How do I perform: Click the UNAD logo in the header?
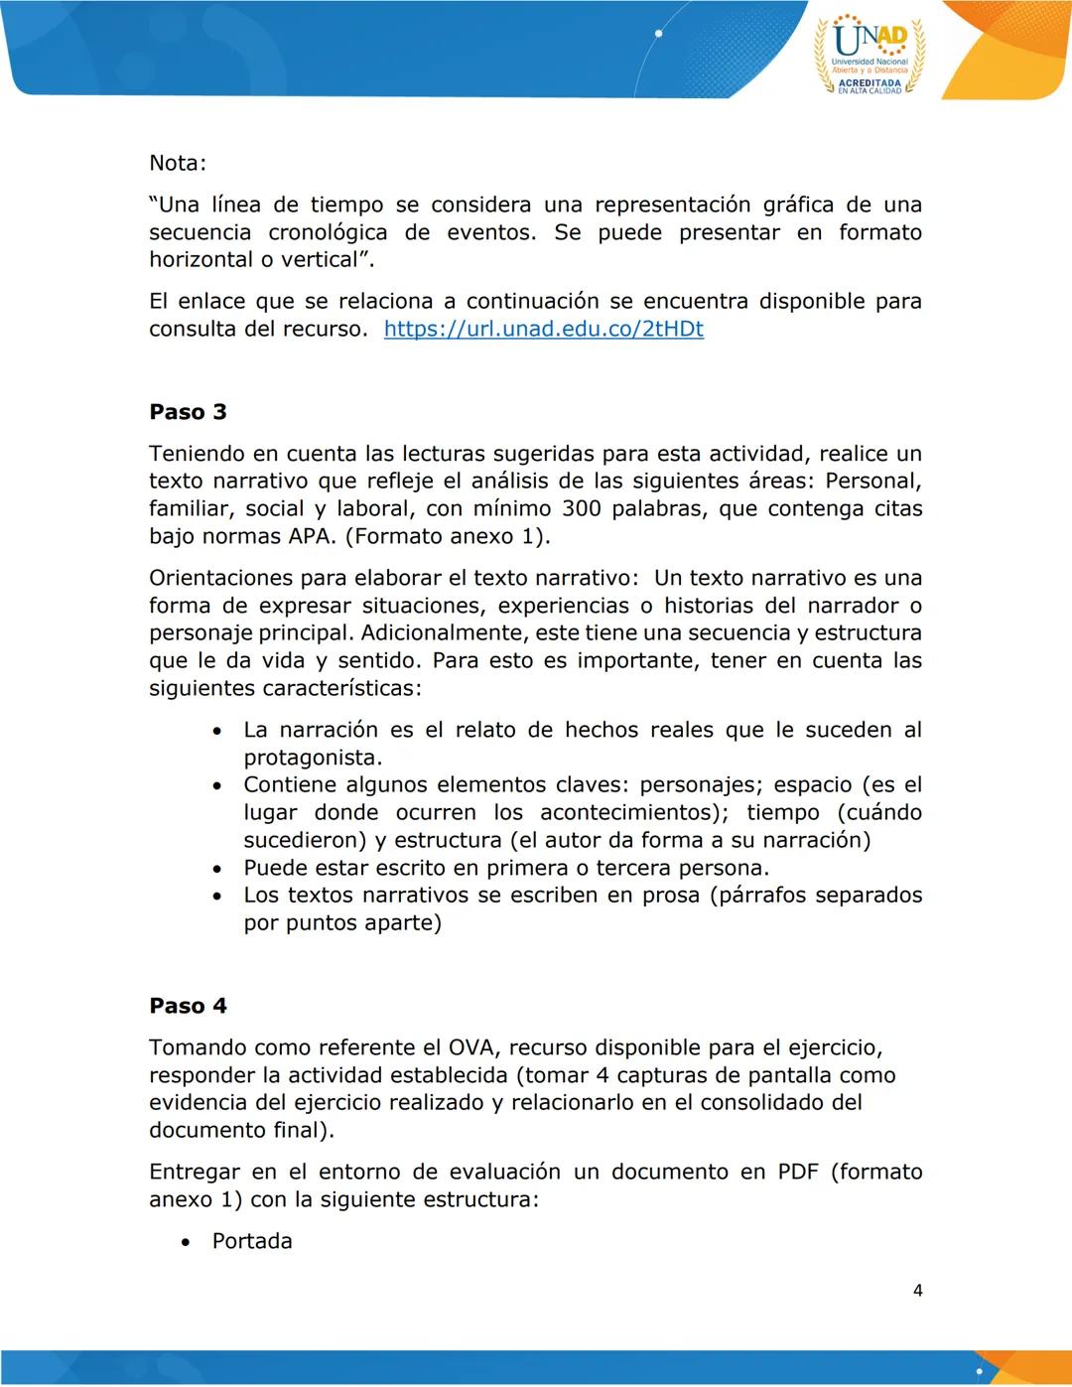[x=870, y=55]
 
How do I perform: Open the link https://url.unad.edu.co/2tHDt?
[x=543, y=329]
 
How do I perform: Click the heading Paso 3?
[x=188, y=411]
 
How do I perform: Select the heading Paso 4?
[x=188, y=1005]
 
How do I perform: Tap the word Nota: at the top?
[x=178, y=163]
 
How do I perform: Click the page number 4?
[x=917, y=1290]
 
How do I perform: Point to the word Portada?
[x=252, y=1241]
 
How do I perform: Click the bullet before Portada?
[x=186, y=1242]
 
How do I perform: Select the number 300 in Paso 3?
[x=582, y=508]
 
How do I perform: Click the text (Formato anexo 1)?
[x=447, y=536]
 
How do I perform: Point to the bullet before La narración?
[x=216, y=731]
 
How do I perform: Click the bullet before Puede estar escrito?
[x=216, y=869]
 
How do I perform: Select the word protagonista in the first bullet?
[x=312, y=758]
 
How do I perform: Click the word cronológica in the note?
[x=328, y=232]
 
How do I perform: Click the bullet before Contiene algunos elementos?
[x=216, y=785]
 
